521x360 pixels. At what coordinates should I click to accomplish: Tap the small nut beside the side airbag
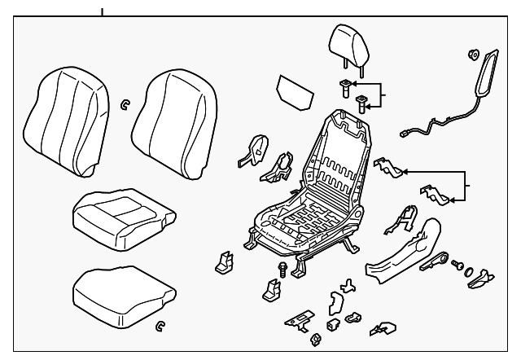click(472, 56)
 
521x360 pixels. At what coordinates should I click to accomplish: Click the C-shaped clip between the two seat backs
click(125, 103)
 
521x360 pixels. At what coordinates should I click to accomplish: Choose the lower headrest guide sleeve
click(362, 103)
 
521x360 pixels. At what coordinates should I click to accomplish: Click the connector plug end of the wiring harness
click(406, 130)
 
